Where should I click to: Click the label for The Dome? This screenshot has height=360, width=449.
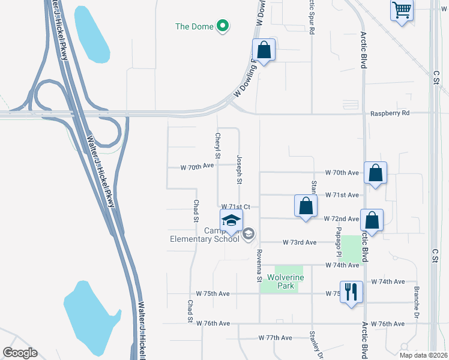[194, 26]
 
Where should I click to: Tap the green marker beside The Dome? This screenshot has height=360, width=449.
[222, 26]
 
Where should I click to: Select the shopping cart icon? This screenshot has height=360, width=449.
[402, 10]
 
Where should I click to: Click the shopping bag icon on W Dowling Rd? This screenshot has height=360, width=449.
[264, 50]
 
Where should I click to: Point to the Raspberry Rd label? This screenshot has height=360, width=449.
[389, 113]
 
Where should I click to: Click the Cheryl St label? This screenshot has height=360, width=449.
[218, 145]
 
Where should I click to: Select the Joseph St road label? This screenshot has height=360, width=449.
[239, 169]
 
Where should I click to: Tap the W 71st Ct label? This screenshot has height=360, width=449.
[235, 206]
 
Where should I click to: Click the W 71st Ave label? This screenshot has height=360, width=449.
[341, 195]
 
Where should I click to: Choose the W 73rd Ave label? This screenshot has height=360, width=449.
[300, 242]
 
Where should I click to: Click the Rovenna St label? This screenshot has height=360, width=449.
[260, 265]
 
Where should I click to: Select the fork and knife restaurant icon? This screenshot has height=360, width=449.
[351, 292]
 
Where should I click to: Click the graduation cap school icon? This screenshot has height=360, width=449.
[231, 221]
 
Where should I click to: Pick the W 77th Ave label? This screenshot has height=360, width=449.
[274, 338]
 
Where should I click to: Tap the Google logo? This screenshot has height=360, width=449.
[20, 353]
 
